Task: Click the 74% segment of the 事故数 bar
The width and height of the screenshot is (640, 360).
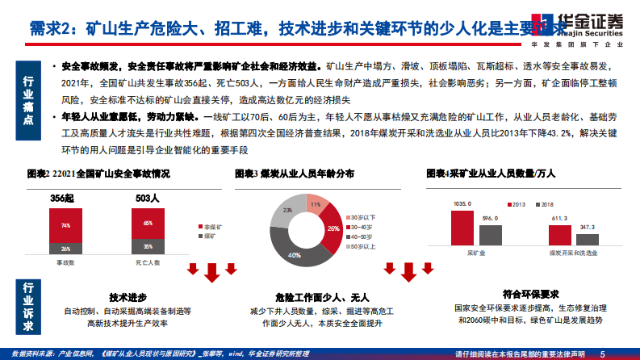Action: coord(65,225)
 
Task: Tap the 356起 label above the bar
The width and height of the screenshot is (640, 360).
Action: coord(62,197)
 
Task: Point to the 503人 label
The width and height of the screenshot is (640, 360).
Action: coord(146,197)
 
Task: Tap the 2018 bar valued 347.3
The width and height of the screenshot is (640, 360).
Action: coord(586,237)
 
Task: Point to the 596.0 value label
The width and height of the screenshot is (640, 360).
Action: coord(489,219)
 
